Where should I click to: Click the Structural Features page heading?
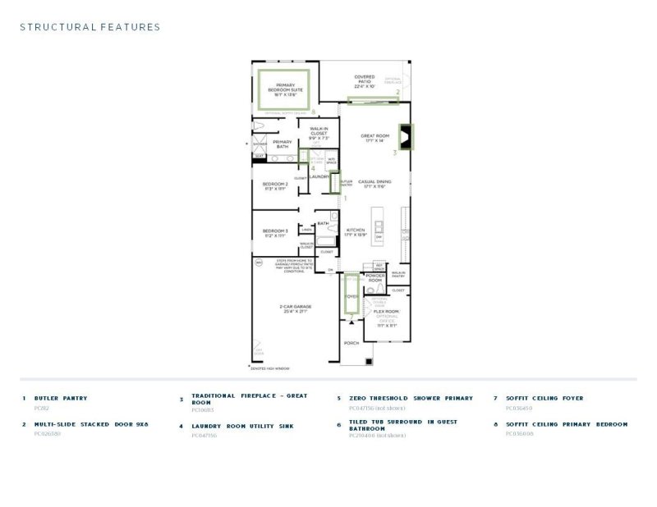tap(90, 27)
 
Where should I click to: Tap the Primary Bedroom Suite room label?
tap(285, 88)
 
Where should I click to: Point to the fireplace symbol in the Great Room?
tap(407, 136)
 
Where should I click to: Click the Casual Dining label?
tap(373, 184)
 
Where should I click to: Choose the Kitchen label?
tap(355, 232)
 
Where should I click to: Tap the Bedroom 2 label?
tap(275, 185)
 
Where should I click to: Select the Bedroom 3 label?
tap(275, 233)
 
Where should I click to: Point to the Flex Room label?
tap(386, 313)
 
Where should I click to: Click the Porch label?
tap(351, 343)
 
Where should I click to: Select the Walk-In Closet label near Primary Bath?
tap(319, 134)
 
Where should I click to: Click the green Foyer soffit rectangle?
tap(351, 295)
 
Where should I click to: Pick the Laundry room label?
tap(319, 176)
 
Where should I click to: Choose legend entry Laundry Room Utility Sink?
tap(237, 426)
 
